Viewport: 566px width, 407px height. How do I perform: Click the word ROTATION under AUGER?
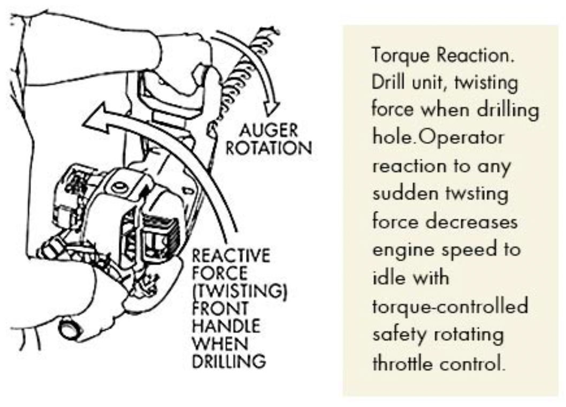click(x=268, y=148)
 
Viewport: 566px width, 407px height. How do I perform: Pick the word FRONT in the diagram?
click(x=220, y=308)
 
